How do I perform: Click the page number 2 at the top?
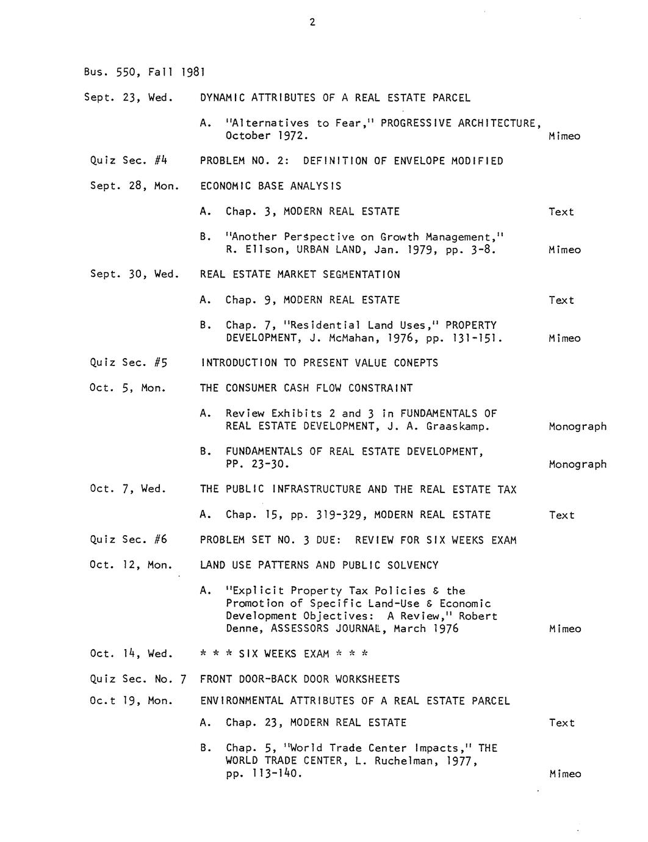tap(312, 23)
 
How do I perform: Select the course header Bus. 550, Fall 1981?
tap(143, 72)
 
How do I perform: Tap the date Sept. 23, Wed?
tap(128, 98)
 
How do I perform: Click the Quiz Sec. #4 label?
tap(128, 161)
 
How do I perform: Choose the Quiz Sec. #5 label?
tap(128, 363)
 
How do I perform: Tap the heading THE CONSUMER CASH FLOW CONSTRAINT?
tap(306, 388)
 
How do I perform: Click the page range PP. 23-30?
tap(257, 464)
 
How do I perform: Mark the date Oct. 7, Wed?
tap(128, 489)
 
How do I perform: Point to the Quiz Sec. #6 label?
tap(128, 540)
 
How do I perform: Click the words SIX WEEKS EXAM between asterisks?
tap(284, 654)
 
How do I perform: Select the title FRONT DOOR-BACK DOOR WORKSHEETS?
tap(300, 679)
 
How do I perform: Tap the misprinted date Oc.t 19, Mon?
tap(131, 701)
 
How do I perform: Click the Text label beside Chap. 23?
tap(561, 723)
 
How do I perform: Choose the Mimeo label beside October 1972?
tap(564, 136)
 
